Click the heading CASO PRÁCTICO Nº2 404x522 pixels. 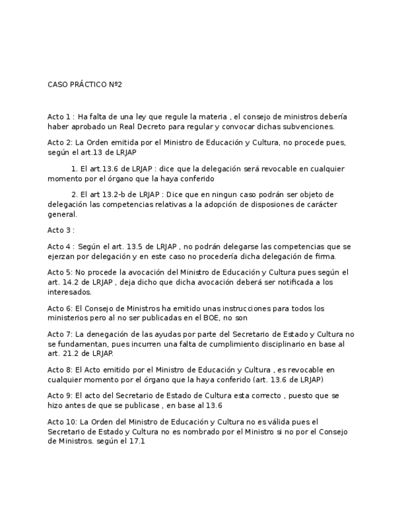pos(85,84)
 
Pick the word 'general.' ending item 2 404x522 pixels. pos(62,215)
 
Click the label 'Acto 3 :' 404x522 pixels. pos(60,230)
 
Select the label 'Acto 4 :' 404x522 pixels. pos(60,246)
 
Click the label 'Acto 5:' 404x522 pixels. pos(60,271)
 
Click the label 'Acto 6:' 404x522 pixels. pos(60,308)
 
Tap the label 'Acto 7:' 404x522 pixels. pos(60,334)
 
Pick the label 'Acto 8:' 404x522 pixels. pos(60,370)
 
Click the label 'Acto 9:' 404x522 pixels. pos(60,396)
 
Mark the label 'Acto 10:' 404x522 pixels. pos(62,422)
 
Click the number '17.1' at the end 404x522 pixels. pos(137,442)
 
